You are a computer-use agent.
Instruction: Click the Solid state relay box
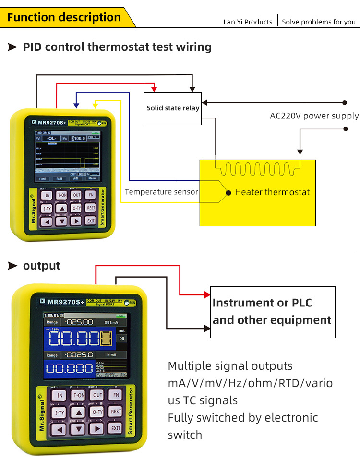pos(173,108)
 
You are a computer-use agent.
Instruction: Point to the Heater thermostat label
pos(272,192)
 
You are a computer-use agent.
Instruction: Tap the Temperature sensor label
pos(161,192)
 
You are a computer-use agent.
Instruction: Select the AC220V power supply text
pos(314,116)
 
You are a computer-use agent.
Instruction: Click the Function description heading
pos(64,18)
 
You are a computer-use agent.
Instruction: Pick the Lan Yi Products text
pos(248,22)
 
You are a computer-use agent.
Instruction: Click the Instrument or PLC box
pos(272,312)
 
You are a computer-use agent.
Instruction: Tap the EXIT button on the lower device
pos(116,428)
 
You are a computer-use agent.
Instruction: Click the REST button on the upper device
pos(91,208)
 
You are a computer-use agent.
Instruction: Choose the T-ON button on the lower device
pos(78,395)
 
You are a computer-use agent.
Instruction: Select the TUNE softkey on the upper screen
pos(43,178)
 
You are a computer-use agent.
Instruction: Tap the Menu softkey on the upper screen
pos(92,178)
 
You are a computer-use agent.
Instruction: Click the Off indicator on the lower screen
pos(121,338)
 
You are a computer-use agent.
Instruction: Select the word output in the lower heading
pos(42,266)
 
